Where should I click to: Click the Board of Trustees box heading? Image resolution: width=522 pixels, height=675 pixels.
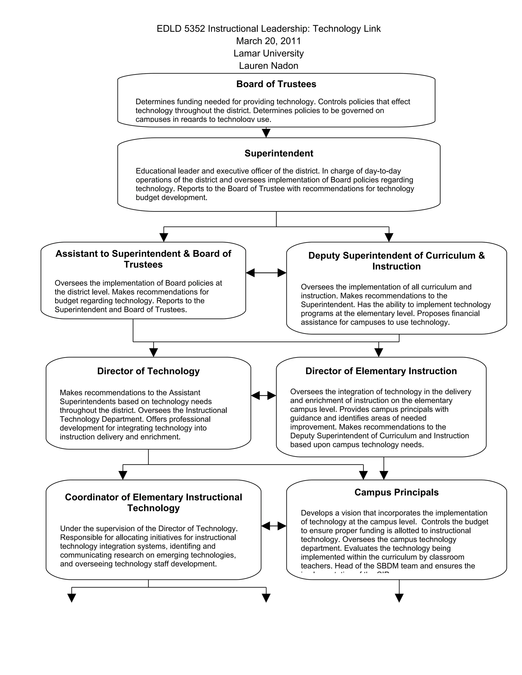(x=276, y=84)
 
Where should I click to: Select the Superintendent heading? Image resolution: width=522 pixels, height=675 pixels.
(x=279, y=153)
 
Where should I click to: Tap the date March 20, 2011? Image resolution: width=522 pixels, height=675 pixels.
(x=268, y=41)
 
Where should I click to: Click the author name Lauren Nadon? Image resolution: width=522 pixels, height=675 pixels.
(x=268, y=65)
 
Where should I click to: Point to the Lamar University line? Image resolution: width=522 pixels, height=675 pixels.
(x=268, y=53)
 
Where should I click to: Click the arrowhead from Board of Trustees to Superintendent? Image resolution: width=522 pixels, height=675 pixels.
(x=266, y=133)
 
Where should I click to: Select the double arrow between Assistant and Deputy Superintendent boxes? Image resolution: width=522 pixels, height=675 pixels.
(x=266, y=273)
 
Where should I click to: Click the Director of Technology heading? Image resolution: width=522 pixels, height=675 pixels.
(x=148, y=371)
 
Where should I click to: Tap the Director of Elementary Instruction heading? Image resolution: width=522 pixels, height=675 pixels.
(x=381, y=371)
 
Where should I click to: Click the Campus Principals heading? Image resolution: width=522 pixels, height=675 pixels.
(x=396, y=492)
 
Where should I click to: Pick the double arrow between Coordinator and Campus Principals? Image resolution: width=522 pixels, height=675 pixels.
(x=273, y=526)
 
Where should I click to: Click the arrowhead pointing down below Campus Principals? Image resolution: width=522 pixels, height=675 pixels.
(x=399, y=598)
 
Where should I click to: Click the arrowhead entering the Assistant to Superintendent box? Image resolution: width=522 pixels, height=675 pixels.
(x=164, y=237)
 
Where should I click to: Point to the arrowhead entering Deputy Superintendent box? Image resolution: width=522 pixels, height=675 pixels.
(x=389, y=237)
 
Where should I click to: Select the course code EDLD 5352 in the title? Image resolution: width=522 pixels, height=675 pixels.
(x=181, y=29)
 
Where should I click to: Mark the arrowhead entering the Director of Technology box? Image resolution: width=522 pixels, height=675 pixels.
(x=153, y=352)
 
